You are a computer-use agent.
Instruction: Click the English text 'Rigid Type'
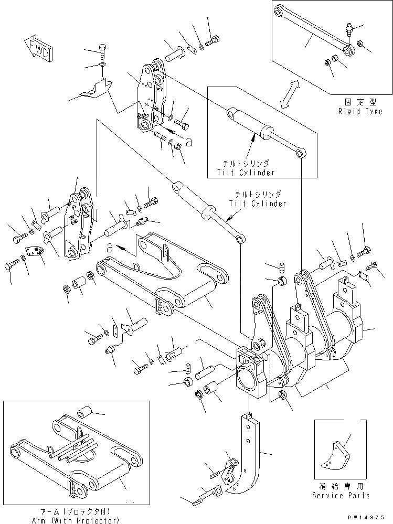(x=360, y=112)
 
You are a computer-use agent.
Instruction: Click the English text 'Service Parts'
(x=341, y=495)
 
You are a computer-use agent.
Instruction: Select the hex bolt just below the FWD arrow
(x=103, y=51)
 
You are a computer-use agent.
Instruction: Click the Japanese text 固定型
(x=360, y=103)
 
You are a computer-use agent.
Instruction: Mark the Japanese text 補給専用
(x=341, y=487)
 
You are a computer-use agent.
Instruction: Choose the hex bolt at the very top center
(x=213, y=40)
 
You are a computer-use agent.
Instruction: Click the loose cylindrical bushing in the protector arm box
(x=86, y=411)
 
